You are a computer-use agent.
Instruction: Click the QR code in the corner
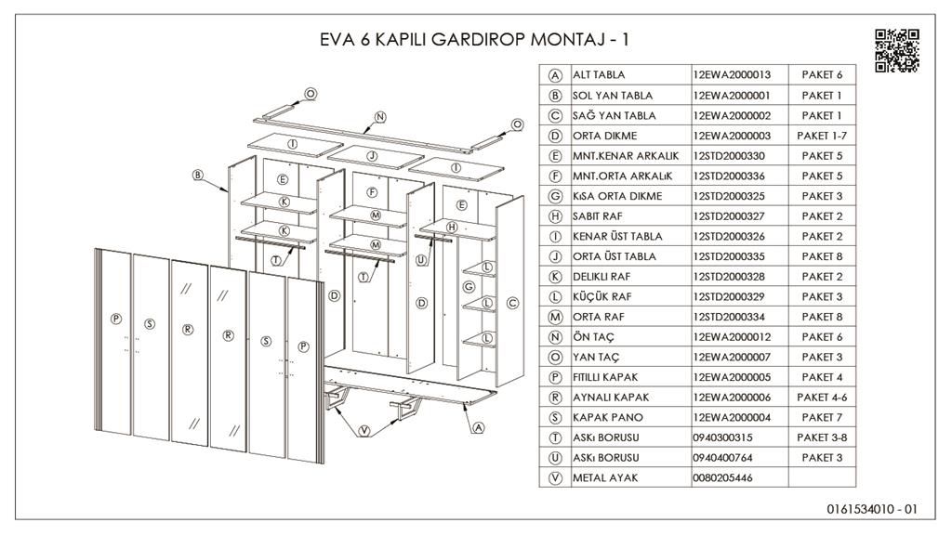pos(897,50)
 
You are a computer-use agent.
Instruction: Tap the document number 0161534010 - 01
pos(871,509)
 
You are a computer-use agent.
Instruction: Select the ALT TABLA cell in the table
pos(600,75)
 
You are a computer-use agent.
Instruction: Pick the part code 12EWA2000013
pos(732,75)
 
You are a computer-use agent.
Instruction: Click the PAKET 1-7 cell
pos(821,136)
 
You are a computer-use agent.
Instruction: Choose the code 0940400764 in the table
pos(725,458)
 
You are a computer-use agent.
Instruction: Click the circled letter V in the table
pos(555,478)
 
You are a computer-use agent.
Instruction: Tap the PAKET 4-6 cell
pos(821,398)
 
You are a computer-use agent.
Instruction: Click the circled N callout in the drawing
pos(379,117)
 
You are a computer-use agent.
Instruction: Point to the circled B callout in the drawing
pos(198,174)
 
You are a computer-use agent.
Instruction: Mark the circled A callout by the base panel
pos(478,428)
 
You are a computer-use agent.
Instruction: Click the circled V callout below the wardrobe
pos(364,431)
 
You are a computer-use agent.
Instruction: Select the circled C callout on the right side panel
pos(511,303)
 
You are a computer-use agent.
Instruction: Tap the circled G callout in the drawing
pos(469,287)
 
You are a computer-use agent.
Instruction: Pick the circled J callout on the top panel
pos(371,155)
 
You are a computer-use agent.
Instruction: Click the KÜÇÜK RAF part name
pos(602,297)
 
